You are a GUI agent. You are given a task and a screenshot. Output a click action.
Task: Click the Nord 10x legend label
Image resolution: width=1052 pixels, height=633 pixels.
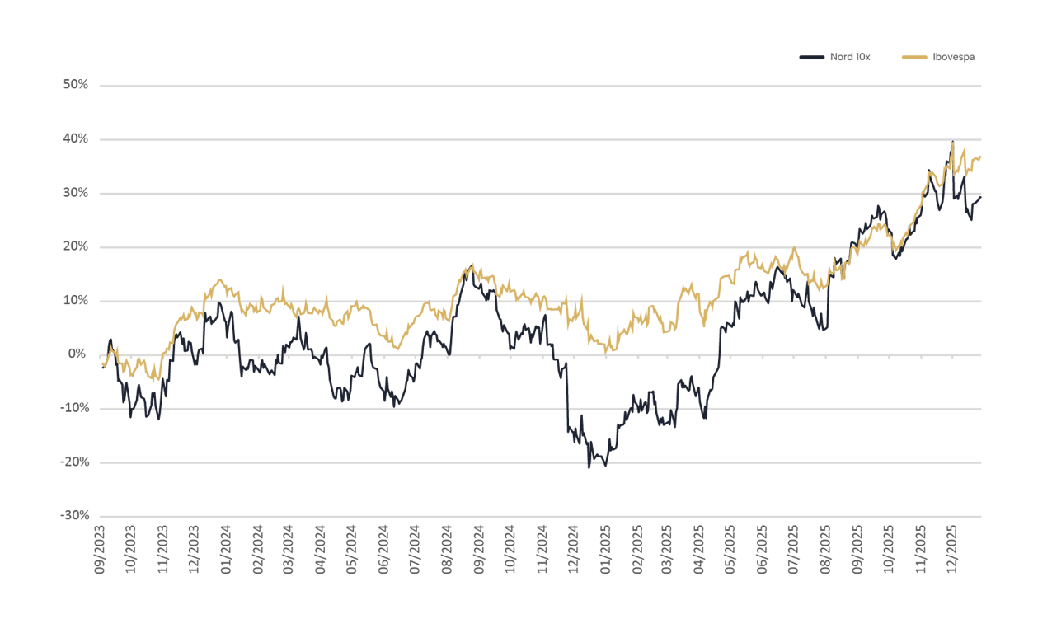pos(849,57)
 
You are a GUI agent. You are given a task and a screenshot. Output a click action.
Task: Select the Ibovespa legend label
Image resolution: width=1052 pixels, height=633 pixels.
pos(954,57)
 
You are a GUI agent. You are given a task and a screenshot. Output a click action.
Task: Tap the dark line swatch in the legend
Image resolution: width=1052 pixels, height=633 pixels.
pos(812,57)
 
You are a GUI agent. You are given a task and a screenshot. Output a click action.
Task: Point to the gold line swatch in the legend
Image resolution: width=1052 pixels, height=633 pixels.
pos(915,57)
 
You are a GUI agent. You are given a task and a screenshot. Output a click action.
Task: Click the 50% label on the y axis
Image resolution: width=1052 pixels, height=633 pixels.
pos(75,85)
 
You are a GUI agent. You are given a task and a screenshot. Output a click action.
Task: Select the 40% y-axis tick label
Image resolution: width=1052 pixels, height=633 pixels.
pos(75,139)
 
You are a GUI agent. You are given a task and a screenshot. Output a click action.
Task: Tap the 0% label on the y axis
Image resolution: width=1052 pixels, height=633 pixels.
pos(78,354)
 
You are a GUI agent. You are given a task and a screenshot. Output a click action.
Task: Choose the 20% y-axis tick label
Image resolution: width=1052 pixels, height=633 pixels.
pos(75,246)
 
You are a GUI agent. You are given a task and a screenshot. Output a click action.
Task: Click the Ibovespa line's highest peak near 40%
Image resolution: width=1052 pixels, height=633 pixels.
pos(953,142)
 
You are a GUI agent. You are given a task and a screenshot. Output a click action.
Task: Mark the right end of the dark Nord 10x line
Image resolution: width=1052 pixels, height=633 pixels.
pos(981,196)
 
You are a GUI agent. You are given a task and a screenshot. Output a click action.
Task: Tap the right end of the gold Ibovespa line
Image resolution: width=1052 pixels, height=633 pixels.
pos(981,157)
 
